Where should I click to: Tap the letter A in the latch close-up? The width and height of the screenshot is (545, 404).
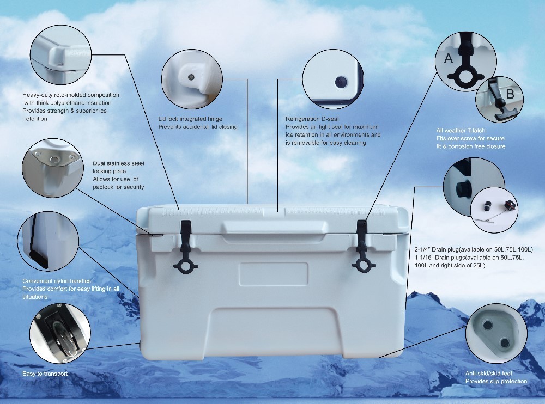click(x=449, y=58)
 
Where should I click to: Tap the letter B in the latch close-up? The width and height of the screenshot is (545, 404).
click(x=510, y=94)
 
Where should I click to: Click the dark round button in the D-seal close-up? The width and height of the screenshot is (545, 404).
click(x=341, y=82)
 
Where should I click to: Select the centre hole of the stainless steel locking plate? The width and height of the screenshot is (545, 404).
click(x=54, y=160)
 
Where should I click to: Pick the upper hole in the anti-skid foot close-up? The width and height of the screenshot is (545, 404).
click(x=487, y=325)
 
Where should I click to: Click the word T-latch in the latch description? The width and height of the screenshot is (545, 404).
click(x=476, y=131)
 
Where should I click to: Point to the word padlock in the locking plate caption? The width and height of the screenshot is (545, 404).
click(x=103, y=187)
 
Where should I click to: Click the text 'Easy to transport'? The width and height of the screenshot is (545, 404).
click(x=45, y=374)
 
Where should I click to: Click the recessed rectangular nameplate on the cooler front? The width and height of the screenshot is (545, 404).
click(x=274, y=274)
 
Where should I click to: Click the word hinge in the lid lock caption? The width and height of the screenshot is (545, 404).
click(x=214, y=119)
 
